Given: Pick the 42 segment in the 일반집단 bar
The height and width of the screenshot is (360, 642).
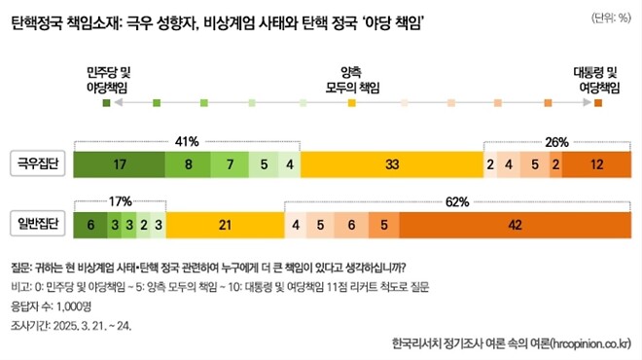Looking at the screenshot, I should pos(515,226).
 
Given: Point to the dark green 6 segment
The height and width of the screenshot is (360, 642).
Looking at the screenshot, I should pos(90,226).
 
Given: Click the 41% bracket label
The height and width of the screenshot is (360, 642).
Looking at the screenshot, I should pos(187,140).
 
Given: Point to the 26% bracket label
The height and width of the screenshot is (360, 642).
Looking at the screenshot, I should pos(556,142).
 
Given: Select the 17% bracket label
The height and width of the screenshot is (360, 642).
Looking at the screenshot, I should pos(120,201).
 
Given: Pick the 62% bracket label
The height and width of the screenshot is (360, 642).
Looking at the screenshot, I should pos(457,201).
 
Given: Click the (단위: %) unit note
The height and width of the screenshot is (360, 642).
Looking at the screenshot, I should pos(610,17).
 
